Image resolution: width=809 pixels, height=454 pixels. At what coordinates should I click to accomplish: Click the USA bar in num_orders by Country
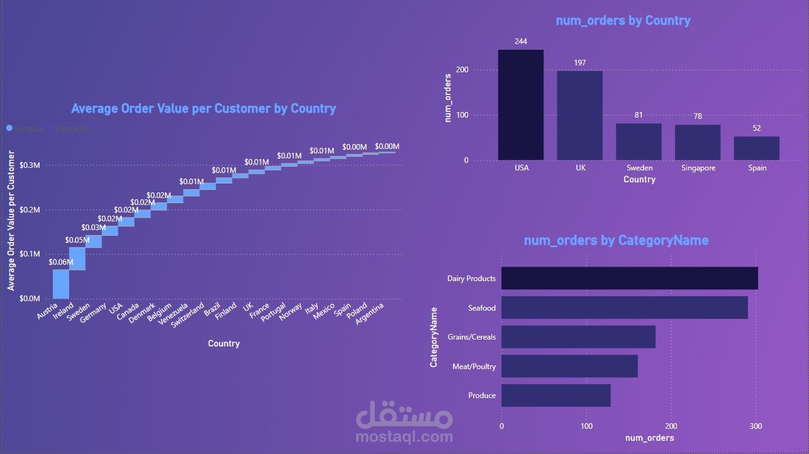[x=520, y=104]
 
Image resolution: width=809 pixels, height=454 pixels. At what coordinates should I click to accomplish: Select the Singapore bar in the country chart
[x=697, y=142]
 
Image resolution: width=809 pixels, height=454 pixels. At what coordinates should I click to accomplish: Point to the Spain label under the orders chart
[x=757, y=169]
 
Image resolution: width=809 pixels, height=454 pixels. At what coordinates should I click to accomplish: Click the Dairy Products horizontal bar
[x=629, y=278]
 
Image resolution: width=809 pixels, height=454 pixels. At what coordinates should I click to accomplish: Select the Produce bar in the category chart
[x=555, y=396]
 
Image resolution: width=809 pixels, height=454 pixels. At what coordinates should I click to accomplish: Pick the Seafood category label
[x=482, y=308]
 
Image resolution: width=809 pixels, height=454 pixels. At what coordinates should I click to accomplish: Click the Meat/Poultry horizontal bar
[x=569, y=366]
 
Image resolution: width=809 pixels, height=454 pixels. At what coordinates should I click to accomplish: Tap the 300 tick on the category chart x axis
[x=756, y=426]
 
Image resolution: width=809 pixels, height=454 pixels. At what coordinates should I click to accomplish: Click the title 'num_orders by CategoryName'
[x=616, y=240]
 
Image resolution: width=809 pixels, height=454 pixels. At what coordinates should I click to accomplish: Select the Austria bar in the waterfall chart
[x=61, y=284]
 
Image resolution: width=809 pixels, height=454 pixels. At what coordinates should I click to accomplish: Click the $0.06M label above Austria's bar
[x=61, y=262]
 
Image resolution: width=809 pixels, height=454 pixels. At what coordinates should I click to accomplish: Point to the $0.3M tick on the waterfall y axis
[x=30, y=165]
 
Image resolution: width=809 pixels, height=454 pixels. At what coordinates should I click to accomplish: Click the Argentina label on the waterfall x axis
[x=370, y=313]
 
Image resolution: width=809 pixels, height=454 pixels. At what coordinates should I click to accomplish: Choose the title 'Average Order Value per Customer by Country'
[x=203, y=108]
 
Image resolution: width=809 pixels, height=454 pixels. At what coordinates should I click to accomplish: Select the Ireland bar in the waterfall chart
[x=77, y=258]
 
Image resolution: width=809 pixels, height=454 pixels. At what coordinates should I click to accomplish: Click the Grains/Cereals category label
[x=471, y=337]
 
